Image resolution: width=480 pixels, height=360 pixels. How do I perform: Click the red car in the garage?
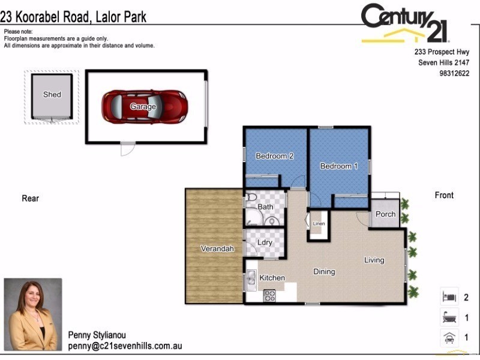pos(144,106)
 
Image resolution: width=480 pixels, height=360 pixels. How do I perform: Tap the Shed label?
pos(52,94)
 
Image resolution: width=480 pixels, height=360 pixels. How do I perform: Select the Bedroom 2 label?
pos(274,156)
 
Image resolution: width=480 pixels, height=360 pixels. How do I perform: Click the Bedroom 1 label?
pos(338,166)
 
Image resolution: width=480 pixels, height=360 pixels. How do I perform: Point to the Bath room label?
pos(265,207)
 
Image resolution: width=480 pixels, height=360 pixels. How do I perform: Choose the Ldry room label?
pos(265,242)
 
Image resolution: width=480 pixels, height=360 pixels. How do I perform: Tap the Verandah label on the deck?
pos(217,248)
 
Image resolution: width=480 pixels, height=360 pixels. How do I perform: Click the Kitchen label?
pos(272,278)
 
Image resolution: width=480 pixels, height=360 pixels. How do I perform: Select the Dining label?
pos(324,272)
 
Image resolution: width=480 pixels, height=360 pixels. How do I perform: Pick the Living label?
pos(374,260)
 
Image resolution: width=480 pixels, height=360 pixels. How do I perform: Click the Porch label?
pos(385,214)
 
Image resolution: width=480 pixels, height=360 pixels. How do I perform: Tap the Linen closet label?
pos(319,224)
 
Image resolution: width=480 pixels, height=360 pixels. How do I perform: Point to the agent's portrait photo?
pos(33,314)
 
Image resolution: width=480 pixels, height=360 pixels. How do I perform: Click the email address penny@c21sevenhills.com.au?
pos(125,346)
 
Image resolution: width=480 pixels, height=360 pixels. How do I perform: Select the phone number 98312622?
pos(454,73)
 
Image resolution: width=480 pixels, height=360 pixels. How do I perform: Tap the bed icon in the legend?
pos(448,296)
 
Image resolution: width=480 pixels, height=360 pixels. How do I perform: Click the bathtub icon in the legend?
pos(448,317)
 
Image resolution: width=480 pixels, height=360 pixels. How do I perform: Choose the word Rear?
pos(30,199)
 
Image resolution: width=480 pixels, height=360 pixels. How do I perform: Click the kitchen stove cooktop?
pos(269,295)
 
